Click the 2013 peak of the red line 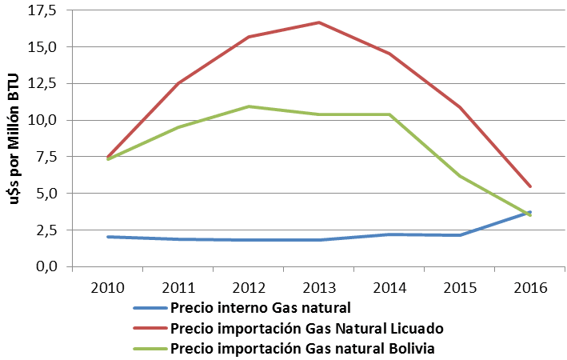pyautogui.click(x=318, y=22)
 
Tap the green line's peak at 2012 pyautogui.click(x=248, y=106)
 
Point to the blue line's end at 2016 pyautogui.click(x=529, y=212)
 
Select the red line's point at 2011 pyautogui.click(x=178, y=83)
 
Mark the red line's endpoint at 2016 pyautogui.click(x=529, y=186)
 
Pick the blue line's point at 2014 pyautogui.click(x=389, y=234)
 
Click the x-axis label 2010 pyautogui.click(x=107, y=286)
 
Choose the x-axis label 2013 pyautogui.click(x=318, y=286)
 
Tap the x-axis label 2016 pyautogui.click(x=529, y=286)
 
